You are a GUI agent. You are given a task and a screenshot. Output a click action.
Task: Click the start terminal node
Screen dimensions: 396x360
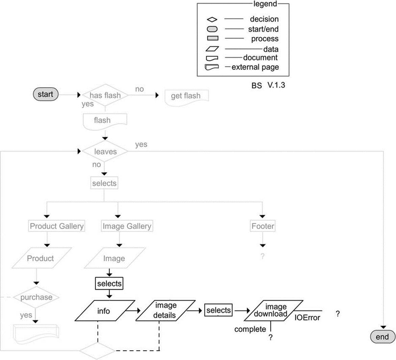pos(46,94)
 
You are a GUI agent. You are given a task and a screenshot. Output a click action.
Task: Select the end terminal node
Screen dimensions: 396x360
pos(382,337)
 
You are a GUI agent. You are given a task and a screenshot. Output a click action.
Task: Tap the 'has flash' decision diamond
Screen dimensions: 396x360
pos(105,95)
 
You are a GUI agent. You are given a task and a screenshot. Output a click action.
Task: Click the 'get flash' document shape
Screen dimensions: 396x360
pos(187,98)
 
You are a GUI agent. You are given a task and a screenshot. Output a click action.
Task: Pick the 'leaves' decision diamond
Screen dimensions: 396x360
pos(105,151)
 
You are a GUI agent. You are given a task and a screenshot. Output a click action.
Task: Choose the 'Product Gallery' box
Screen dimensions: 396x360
pos(57,226)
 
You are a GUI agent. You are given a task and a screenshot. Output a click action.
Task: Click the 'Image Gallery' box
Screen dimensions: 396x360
pos(127,226)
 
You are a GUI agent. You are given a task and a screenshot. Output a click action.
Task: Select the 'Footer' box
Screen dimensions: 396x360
pos(263,226)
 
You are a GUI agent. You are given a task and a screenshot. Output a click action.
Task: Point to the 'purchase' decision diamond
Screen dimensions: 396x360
pos(36,297)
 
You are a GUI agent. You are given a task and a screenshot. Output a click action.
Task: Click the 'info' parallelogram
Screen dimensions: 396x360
pos(105,311)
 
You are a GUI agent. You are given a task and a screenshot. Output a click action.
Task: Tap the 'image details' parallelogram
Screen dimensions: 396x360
pos(165,311)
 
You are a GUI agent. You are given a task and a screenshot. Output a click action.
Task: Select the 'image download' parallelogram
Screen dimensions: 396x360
pos(273,310)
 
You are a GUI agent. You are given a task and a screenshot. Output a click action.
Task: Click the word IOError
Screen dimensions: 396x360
pos(307,317)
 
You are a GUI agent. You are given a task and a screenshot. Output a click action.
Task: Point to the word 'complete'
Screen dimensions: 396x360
pos(250,329)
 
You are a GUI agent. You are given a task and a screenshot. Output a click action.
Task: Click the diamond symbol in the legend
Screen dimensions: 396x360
pos(212,19)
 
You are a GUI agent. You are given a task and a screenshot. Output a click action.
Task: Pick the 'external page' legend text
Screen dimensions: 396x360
pos(255,67)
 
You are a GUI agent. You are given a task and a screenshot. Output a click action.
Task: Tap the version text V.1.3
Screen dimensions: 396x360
pos(276,85)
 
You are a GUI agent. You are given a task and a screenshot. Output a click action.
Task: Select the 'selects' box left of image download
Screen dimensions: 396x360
pos(218,310)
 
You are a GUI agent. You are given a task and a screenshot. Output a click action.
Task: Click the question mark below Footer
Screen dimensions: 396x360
pos(263,256)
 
